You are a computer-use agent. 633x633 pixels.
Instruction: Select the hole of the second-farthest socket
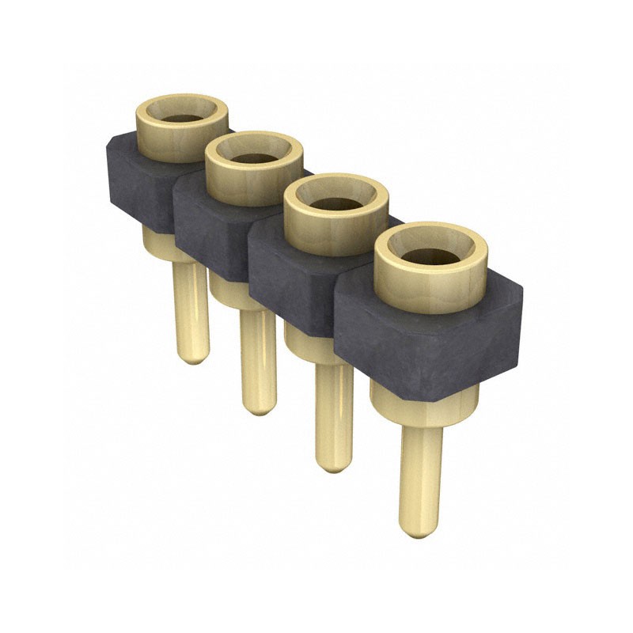coord(254,156)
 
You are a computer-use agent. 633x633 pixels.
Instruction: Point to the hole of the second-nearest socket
coord(335,203)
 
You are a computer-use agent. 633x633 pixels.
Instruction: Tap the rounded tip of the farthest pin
coord(190,355)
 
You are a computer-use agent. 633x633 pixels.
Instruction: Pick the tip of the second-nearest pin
coord(333,463)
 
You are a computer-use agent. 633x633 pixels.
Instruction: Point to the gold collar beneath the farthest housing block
coord(158,237)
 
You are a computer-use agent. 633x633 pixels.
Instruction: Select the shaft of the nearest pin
coord(419,475)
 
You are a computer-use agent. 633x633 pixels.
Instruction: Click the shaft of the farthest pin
coord(190,309)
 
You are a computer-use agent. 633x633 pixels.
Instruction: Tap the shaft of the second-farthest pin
coord(258,356)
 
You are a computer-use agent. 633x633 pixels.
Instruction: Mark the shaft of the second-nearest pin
coord(333,411)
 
